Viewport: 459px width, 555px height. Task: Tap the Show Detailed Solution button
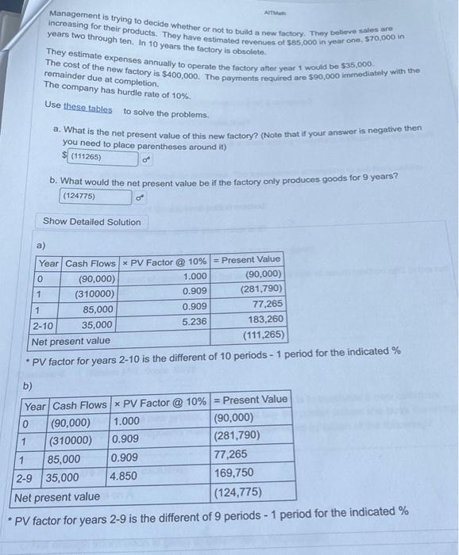tap(91, 222)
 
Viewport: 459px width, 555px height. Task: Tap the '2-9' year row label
tap(29, 477)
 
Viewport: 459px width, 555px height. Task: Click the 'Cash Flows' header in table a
tap(89, 263)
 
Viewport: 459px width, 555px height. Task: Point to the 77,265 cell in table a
tap(266, 304)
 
